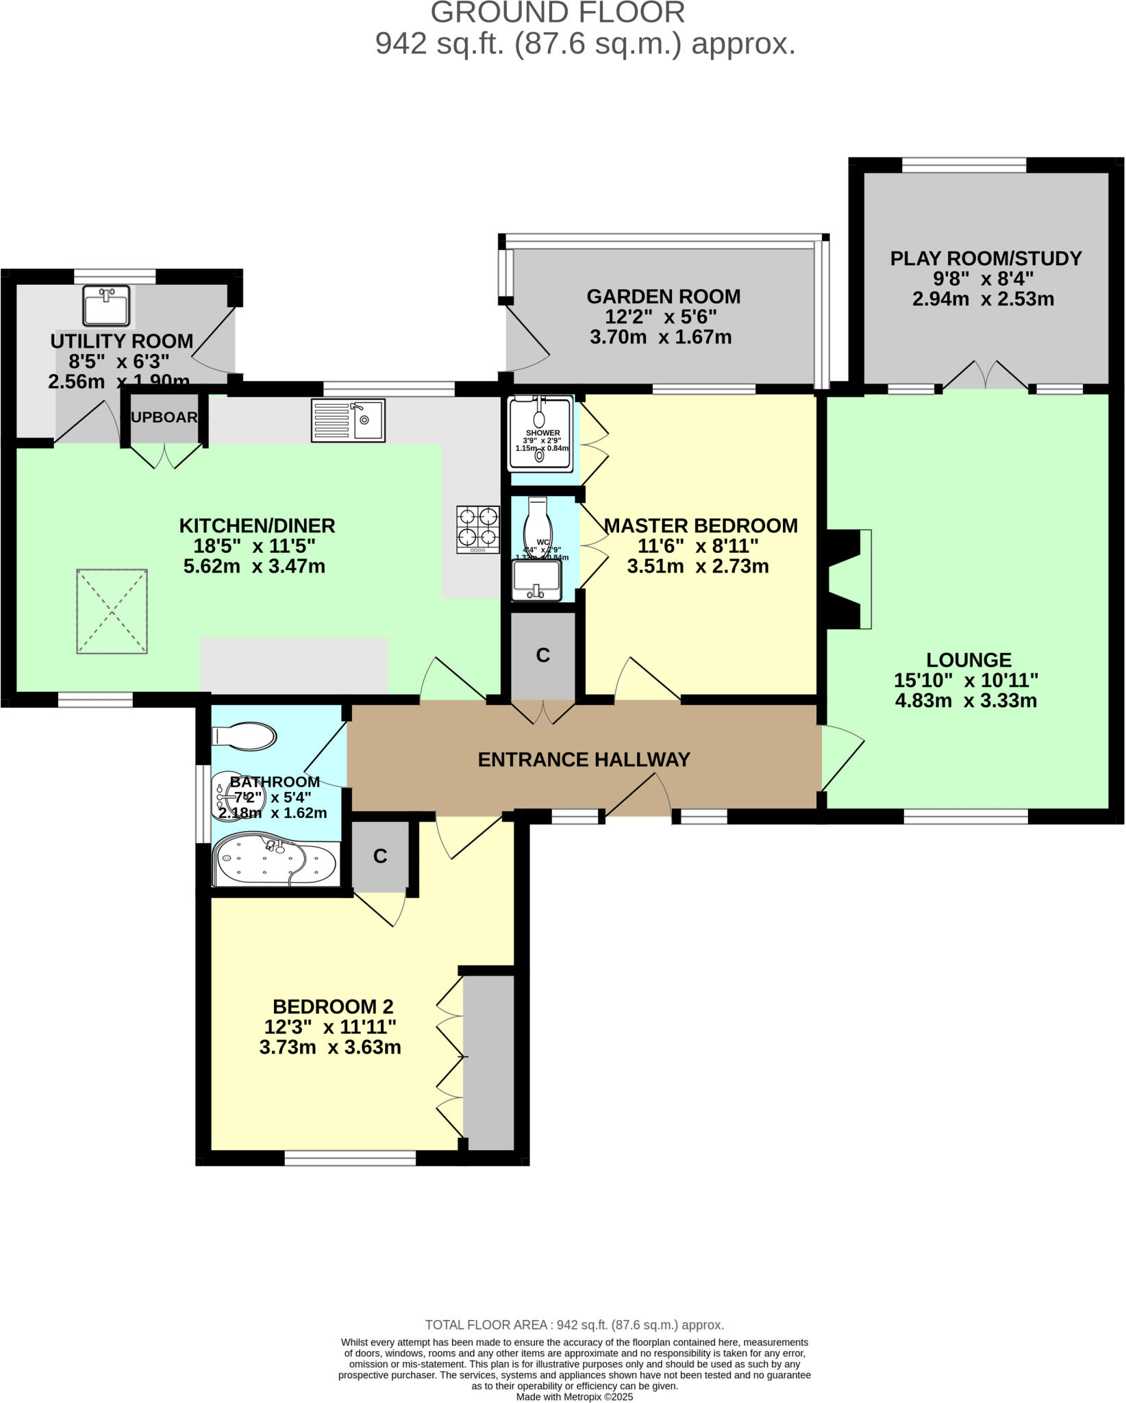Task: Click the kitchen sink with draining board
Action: (x=348, y=420)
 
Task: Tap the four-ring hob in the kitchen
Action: (x=477, y=529)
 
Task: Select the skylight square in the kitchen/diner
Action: (x=112, y=611)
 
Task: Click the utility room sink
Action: (x=106, y=306)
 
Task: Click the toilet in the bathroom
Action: (x=245, y=736)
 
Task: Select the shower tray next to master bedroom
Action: (x=540, y=434)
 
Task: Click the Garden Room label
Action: (x=663, y=297)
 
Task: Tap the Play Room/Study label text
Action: (x=986, y=258)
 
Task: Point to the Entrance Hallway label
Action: (x=584, y=760)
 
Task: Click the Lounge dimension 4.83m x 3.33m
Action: (x=966, y=701)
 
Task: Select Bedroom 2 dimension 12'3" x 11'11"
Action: (x=330, y=1027)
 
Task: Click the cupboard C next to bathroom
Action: (x=380, y=856)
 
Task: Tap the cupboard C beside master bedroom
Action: (x=542, y=656)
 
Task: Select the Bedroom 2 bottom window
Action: (x=350, y=1158)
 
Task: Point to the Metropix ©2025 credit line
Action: (x=574, y=1396)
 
